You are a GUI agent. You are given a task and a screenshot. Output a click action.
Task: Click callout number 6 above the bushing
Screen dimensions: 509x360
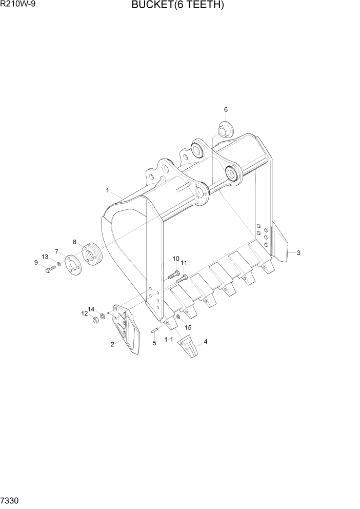point(226,109)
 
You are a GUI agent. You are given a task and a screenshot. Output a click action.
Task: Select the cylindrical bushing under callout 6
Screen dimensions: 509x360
point(225,130)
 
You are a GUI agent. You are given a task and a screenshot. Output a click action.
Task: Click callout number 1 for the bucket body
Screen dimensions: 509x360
point(108,190)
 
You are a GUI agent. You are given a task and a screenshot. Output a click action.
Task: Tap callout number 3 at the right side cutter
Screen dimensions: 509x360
point(298,252)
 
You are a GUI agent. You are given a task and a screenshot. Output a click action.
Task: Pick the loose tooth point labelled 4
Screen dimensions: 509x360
point(188,348)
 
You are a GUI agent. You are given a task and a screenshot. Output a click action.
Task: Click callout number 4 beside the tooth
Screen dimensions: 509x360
point(206,341)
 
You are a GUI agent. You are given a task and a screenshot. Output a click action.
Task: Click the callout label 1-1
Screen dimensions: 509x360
point(168,340)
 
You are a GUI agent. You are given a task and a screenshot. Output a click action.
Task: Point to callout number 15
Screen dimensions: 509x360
point(188,327)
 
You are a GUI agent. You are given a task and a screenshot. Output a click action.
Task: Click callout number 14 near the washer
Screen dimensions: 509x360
point(91,309)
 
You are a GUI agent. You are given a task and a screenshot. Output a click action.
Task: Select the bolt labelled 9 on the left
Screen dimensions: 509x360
point(50,269)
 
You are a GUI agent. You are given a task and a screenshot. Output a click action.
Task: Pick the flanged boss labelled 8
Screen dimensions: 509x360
point(92,254)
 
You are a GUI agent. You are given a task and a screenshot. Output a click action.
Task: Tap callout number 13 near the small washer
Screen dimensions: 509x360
point(45,257)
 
